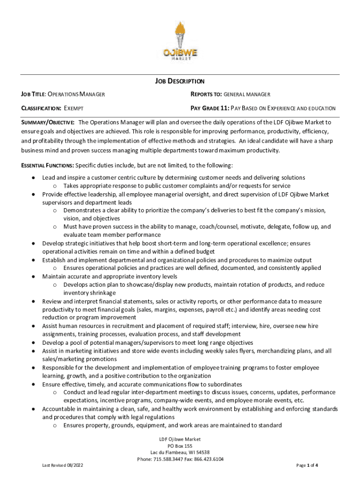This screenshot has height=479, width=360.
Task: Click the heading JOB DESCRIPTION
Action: point(180,81)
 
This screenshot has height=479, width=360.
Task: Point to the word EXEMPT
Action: point(74,108)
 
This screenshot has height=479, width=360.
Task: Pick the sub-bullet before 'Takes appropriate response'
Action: point(55,186)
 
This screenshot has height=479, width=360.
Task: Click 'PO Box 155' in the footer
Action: point(180,446)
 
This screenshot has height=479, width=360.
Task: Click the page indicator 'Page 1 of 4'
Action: point(307,466)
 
